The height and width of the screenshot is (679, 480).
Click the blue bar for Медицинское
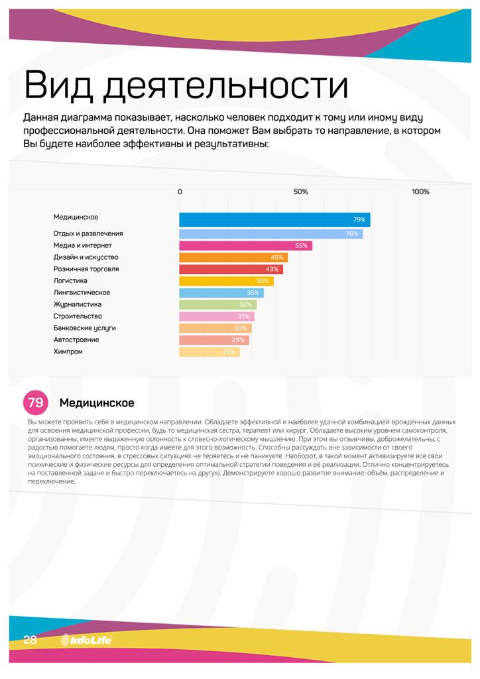(274, 219)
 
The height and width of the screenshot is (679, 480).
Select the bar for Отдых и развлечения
(270, 234)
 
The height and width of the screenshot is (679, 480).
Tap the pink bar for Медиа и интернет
(245, 246)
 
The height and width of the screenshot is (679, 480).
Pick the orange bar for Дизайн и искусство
(233, 257)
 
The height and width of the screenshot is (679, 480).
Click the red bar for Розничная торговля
(231, 269)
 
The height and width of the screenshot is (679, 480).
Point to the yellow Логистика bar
(226, 281)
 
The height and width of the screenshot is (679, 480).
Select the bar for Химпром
(210, 352)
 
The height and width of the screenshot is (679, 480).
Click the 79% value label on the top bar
(359, 219)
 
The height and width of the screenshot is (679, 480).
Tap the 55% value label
(301, 246)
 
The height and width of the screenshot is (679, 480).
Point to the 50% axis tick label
(300, 192)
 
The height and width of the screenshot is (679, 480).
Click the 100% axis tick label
(420, 192)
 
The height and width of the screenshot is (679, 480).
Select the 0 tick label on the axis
(180, 192)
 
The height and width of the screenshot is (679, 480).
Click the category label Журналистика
(77, 304)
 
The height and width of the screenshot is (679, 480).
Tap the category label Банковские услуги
(85, 328)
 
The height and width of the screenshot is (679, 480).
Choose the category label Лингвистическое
(82, 292)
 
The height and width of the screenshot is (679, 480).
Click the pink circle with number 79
(36, 402)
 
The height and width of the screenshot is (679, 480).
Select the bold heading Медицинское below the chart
(97, 402)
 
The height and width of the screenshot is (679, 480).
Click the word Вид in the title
(58, 86)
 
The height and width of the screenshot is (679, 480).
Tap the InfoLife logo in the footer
(86, 640)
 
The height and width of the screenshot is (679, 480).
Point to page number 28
(30, 640)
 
